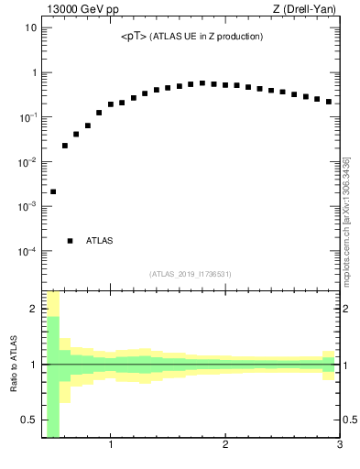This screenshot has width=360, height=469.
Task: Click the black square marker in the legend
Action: click(71, 241)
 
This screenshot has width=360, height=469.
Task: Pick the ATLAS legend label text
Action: click(99, 241)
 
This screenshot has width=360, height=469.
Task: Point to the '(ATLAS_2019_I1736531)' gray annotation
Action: click(191, 274)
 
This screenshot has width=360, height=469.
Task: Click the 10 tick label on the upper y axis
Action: click(30, 27)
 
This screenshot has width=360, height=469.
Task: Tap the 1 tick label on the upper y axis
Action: click(33, 72)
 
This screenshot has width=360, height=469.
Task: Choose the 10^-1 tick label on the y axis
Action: click(27, 116)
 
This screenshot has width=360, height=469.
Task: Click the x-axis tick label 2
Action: click(225, 446)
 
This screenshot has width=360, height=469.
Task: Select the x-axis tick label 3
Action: click(339, 446)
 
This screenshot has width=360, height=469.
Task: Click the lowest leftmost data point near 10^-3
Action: click(53, 191)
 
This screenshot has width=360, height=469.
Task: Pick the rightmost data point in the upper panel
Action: click(328, 102)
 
